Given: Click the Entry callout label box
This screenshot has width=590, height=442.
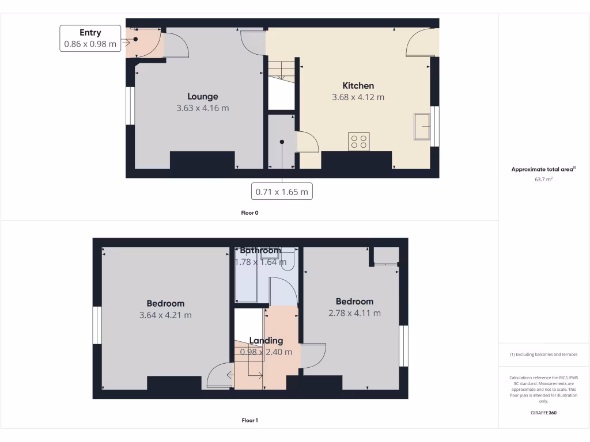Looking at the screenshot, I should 90,38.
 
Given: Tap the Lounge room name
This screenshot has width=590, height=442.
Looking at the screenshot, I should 203,96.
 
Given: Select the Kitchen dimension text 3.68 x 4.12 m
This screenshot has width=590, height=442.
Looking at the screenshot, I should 358,97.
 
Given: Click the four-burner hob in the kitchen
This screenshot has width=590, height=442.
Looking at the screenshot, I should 358,142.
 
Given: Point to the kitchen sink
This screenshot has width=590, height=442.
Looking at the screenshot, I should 421,126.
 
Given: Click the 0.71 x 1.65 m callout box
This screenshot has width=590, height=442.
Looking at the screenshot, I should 282,191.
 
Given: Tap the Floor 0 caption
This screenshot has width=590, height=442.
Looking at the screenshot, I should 249,213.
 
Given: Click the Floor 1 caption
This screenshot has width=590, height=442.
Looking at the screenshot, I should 249,420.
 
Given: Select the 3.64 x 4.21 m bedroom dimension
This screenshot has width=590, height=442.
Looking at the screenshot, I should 165,315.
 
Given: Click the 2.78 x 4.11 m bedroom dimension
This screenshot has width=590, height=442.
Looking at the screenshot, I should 354,313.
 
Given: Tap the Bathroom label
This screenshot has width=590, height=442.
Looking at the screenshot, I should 260,250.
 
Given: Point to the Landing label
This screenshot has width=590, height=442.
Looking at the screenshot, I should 266,341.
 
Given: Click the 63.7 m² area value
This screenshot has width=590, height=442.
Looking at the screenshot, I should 544,179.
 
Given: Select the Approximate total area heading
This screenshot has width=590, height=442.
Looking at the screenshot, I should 543,169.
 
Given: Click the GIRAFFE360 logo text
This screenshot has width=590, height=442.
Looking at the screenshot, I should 543,413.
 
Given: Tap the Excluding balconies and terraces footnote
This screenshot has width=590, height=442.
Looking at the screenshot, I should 543,355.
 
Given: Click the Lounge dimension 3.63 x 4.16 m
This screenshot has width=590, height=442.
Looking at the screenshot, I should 203,108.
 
